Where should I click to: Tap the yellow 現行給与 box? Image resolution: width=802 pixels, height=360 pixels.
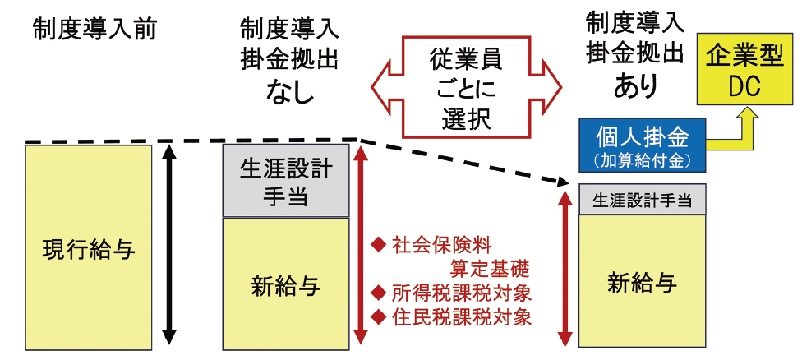click(88, 247)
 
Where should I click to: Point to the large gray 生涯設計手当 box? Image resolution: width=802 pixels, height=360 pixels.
click(286, 182)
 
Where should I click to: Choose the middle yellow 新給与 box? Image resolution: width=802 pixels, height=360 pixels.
click(286, 284)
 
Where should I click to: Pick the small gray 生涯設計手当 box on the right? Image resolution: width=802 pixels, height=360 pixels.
click(642, 200)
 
